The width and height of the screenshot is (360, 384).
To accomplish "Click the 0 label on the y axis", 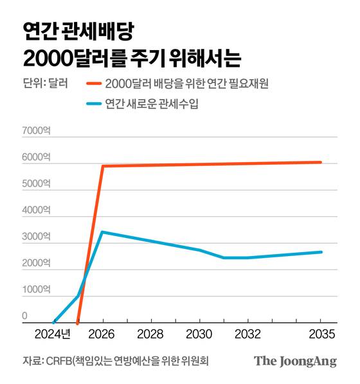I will click(x=25, y=316).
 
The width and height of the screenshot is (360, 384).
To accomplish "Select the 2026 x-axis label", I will click(x=102, y=334).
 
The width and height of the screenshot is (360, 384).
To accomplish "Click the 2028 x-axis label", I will click(x=150, y=334).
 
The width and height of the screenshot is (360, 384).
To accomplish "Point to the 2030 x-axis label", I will click(x=199, y=334).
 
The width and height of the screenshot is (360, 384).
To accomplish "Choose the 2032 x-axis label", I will click(x=248, y=334).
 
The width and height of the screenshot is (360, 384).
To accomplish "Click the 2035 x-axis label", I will click(x=320, y=334).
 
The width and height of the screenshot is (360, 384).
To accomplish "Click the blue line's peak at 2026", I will click(x=102, y=232).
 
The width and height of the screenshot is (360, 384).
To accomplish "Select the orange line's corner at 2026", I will click(x=102, y=166).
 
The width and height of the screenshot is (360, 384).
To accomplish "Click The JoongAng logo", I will click(x=295, y=361).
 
